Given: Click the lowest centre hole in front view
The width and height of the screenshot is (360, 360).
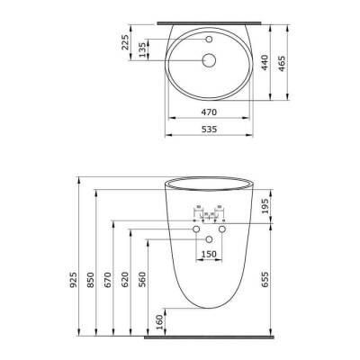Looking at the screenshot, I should pos(208,238).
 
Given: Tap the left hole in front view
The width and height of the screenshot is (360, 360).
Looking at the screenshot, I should pos(194,230).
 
